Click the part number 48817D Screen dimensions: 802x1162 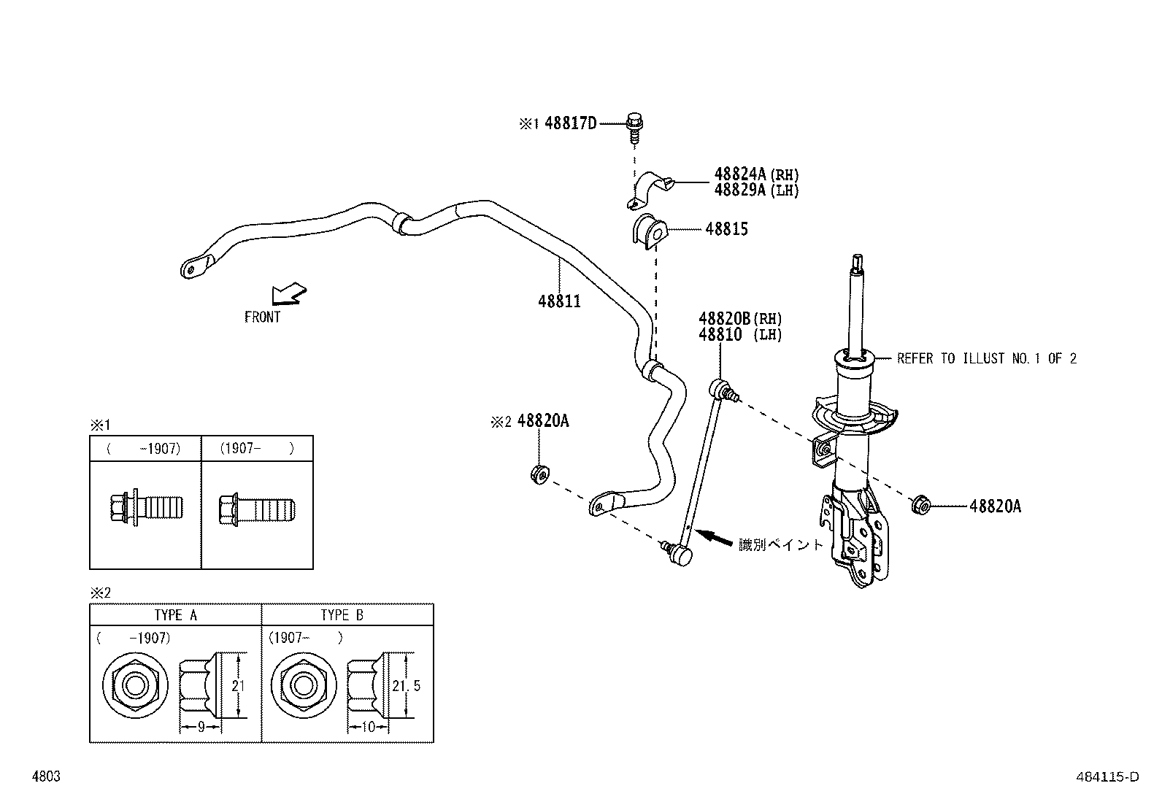pos(570,123)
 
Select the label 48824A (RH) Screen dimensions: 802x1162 pos(756,174)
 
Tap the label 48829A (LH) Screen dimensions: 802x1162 pos(756,190)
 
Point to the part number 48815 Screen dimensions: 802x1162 pos(726,229)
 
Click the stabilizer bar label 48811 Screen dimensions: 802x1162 pos(559,301)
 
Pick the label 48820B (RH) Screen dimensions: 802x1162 pos(740,318)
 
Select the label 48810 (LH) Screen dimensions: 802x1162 pos(740,335)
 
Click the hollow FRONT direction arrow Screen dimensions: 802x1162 pos(289,293)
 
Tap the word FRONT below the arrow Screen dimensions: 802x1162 pos(262,317)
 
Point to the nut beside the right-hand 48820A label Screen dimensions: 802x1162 pos(920,504)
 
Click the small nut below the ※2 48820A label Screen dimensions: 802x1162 pos(539,475)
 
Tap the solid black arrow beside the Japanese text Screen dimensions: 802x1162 pos(714,539)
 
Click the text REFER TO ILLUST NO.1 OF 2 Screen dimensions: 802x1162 pos(986,358)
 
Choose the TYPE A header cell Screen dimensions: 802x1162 pos(175,614)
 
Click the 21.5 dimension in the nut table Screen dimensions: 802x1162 pos(407,686)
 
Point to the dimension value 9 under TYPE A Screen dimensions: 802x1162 pos(199,727)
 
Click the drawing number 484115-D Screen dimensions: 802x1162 pos(1107,777)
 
